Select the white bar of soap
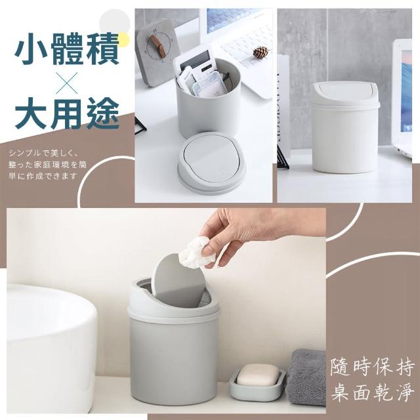[x=257, y=375]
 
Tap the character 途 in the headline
[x=103, y=114]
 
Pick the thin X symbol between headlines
[x=67, y=83]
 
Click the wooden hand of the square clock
[x=157, y=45]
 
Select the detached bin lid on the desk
[x=211, y=162]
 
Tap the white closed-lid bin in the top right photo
[x=346, y=127]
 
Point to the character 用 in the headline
[x=66, y=114]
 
